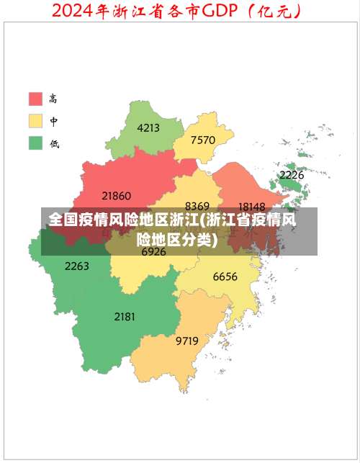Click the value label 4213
(x=148, y=128)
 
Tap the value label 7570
(x=203, y=140)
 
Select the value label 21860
(x=117, y=195)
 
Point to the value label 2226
(x=292, y=175)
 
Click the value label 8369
(x=197, y=206)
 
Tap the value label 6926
(x=153, y=252)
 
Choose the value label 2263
(x=77, y=266)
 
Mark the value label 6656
(x=225, y=277)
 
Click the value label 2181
(x=125, y=316)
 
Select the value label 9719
(x=187, y=341)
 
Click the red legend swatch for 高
(x=35, y=99)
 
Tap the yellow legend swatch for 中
(x=35, y=120)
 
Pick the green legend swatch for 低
(x=35, y=143)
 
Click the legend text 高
(x=54, y=99)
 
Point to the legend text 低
(x=54, y=143)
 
